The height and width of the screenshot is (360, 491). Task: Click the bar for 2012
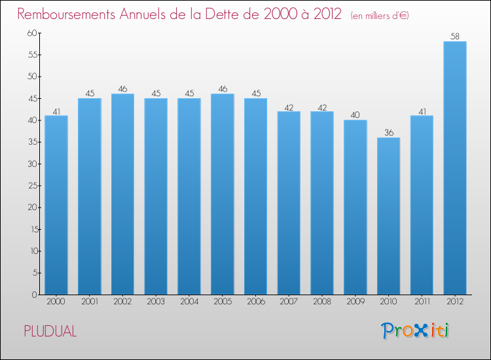[x=455, y=168]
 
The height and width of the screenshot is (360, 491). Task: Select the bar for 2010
[x=388, y=216]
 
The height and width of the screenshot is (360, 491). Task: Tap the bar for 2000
[x=56, y=205]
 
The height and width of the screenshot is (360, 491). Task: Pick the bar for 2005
[x=223, y=194]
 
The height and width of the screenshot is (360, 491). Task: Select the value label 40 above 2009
[x=355, y=115]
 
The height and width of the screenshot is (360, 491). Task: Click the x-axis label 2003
[x=156, y=301]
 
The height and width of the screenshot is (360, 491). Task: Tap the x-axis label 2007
[x=289, y=301]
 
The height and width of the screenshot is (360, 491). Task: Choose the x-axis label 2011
[x=422, y=301]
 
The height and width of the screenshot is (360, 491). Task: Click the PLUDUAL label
[x=50, y=332]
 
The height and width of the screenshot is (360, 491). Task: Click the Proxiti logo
[x=416, y=331]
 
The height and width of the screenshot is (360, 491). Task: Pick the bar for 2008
[x=322, y=203]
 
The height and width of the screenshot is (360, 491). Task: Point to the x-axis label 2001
[x=90, y=301]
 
